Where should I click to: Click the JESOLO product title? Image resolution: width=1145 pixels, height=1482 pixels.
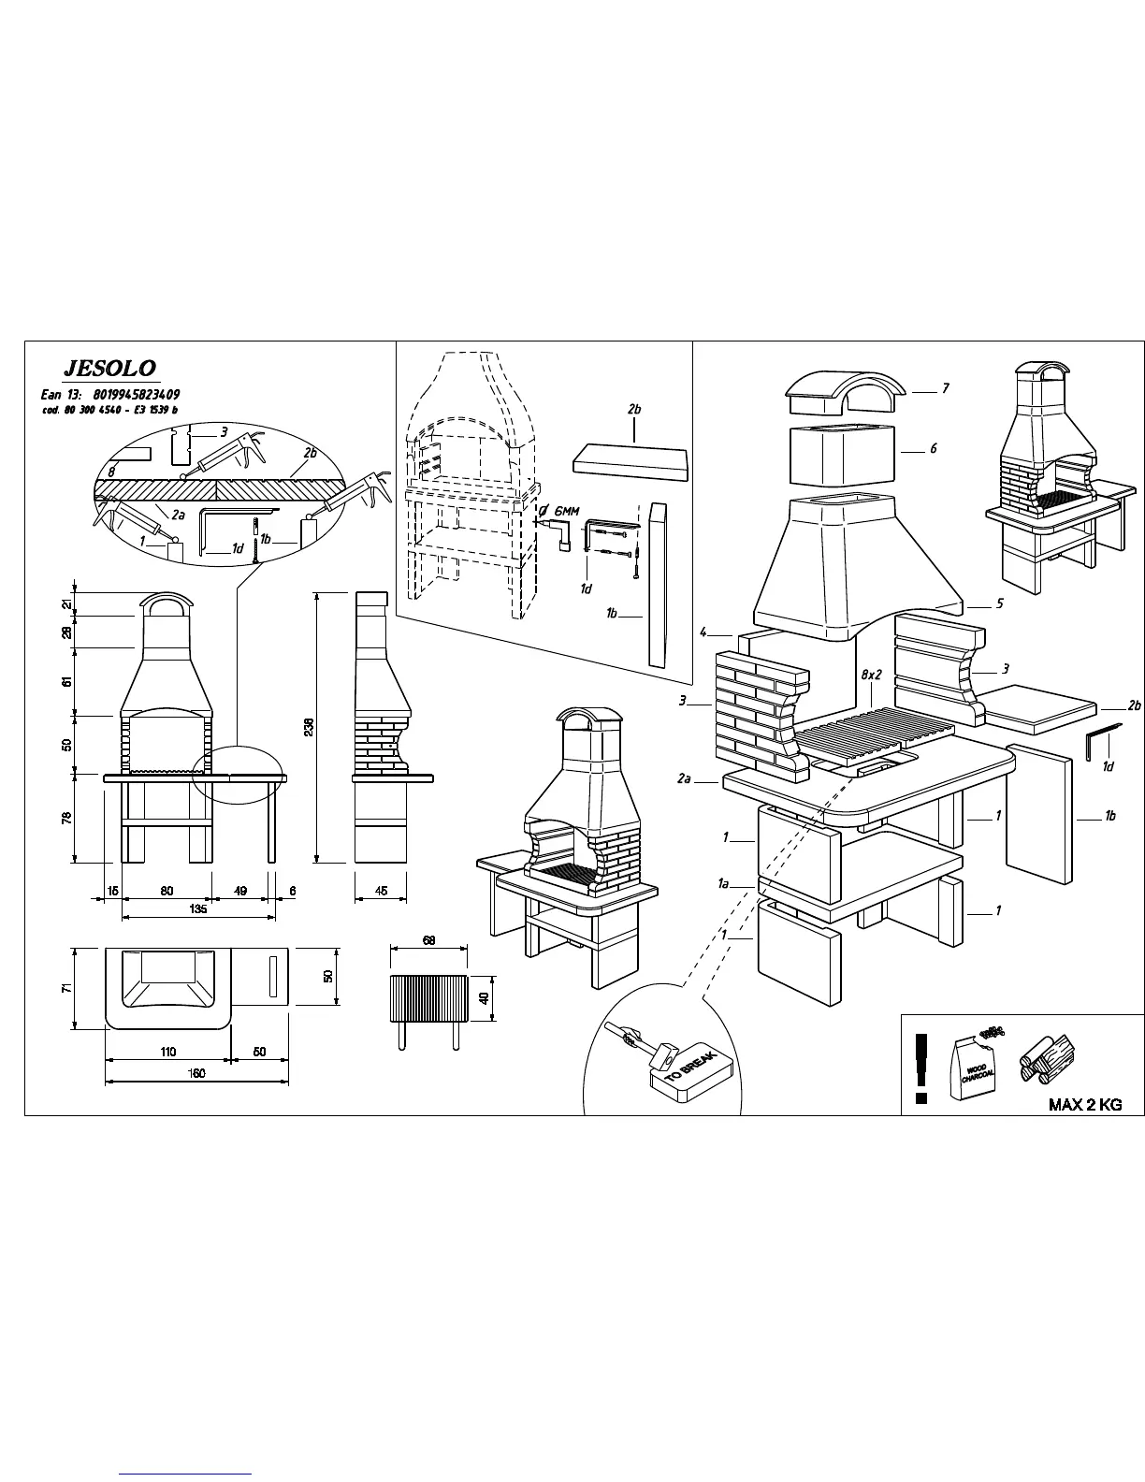109,369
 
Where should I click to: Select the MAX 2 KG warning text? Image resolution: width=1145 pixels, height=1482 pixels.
1084,1105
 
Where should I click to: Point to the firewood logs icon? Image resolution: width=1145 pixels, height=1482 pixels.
1048,1059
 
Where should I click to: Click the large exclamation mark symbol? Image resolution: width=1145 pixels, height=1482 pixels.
921,1068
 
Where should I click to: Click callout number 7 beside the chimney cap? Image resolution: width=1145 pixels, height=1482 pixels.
946,388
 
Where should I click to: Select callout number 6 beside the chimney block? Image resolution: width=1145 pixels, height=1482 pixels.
933,449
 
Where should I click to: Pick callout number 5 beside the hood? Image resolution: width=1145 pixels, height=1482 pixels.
999,603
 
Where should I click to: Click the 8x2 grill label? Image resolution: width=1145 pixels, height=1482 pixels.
871,675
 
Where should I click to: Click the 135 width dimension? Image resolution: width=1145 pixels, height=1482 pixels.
198,909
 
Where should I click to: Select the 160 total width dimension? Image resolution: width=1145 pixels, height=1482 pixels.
198,1073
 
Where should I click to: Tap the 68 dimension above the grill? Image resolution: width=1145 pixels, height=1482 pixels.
428,940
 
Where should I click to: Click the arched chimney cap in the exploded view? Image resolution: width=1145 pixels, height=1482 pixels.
846,392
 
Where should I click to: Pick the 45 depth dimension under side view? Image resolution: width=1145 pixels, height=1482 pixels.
382,891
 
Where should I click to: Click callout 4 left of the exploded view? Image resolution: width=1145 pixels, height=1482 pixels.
703,632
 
